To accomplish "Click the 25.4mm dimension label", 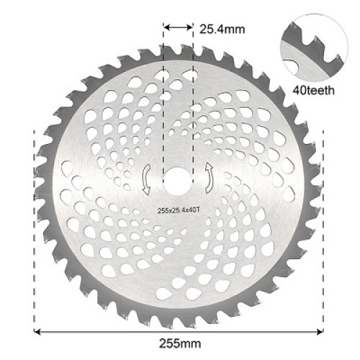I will [221, 30].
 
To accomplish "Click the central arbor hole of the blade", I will [179, 180].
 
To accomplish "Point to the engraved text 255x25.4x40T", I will [180, 210].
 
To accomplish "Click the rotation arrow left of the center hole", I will [148, 179].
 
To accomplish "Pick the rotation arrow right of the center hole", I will [210, 177].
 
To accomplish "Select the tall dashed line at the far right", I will [325, 230].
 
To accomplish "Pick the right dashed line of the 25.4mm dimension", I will [194, 94].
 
